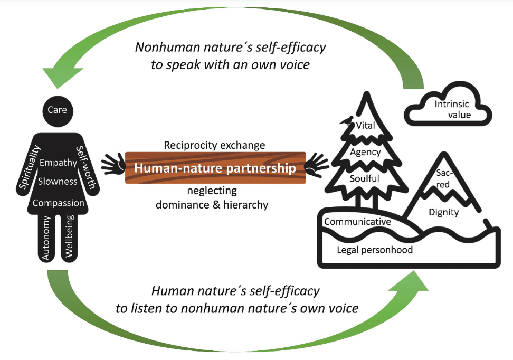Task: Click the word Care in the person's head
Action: pos(57,110)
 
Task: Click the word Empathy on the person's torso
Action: pos(58,163)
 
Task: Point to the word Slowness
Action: pos(58,182)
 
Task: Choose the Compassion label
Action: pos(58,203)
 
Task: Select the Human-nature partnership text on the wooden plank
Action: pos(215,168)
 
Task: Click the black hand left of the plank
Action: pos(112,165)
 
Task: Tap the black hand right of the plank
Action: pos(318,165)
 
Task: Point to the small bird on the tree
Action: pos(346,120)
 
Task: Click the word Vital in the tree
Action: pos(366,126)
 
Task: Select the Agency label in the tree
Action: pos(365,152)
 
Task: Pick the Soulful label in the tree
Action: pos(365,178)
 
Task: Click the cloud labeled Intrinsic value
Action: pos(448,109)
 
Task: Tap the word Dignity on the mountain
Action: pos(444,212)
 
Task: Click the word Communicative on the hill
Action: pos(357,222)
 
